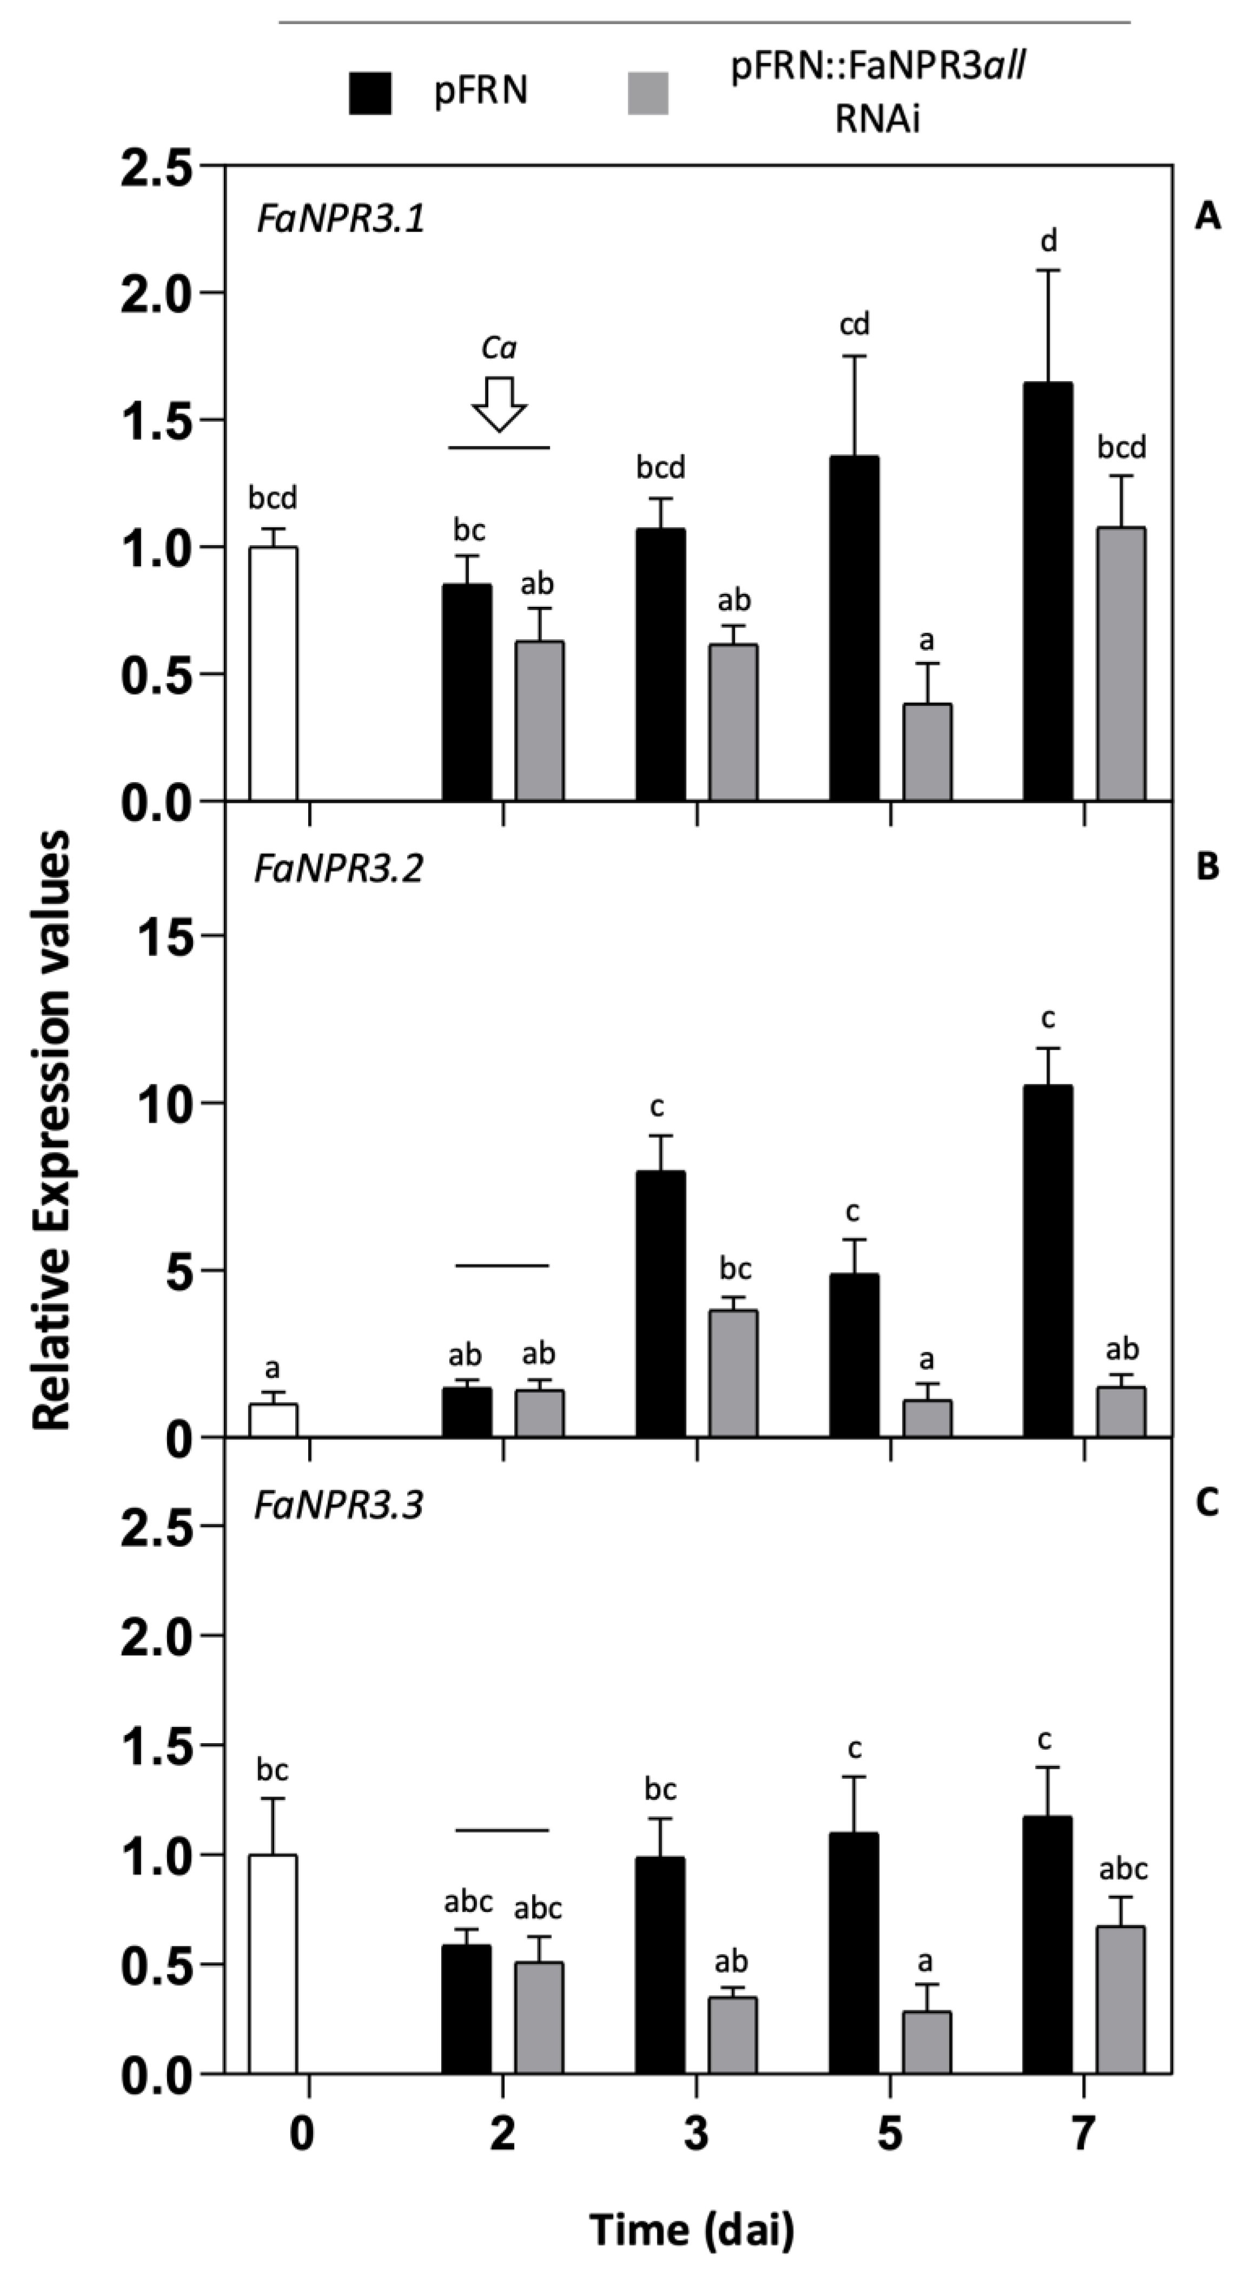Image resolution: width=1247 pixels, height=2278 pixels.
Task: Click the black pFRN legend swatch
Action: [370, 93]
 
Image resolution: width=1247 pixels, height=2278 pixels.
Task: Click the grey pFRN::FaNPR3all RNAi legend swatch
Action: [647, 93]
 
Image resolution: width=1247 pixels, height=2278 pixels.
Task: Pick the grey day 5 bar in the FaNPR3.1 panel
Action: [927, 752]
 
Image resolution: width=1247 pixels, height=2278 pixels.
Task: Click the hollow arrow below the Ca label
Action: [499, 404]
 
